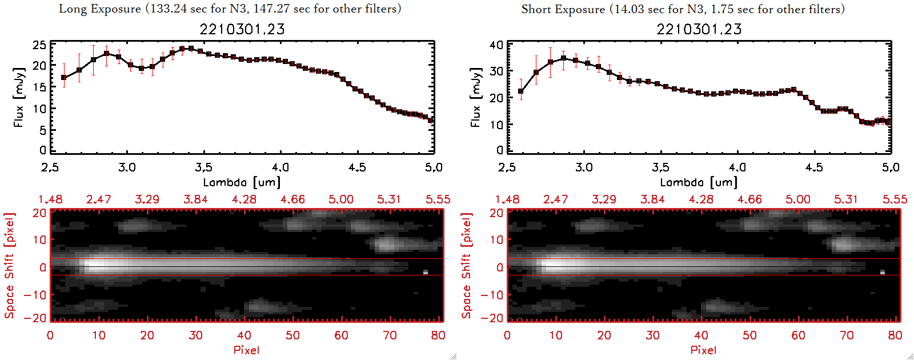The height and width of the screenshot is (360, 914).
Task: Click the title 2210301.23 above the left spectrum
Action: pyautogui.click(x=242, y=29)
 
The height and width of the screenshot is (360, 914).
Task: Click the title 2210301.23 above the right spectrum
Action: pyautogui.click(x=699, y=29)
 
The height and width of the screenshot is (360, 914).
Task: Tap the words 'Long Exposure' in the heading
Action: pyautogui.click(x=100, y=9)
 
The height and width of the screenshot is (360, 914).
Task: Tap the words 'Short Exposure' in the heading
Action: pyautogui.click(x=563, y=9)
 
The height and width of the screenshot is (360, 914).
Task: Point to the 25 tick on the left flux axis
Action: pyautogui.click(x=39, y=45)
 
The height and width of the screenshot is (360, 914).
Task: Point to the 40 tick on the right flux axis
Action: pyautogui.click(x=496, y=45)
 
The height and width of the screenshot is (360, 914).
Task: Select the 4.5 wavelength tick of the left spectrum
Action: pyautogui.click(x=357, y=167)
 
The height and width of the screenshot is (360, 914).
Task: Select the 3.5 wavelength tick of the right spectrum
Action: pyautogui.click(x=660, y=167)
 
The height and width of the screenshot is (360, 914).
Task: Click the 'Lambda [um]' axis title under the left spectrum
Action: pyautogui.click(x=242, y=182)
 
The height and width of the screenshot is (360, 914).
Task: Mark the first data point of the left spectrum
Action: pyautogui.click(x=64, y=78)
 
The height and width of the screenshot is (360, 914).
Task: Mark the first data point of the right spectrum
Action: pyautogui.click(x=521, y=91)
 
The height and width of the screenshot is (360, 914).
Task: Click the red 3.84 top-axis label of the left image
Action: pyautogui.click(x=195, y=199)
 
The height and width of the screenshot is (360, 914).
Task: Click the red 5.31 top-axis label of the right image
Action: pyautogui.click(x=846, y=199)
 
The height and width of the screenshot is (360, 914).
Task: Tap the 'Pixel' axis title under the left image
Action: pyautogui.click(x=246, y=350)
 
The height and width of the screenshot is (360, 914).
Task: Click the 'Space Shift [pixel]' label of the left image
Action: pyautogui.click(x=9, y=266)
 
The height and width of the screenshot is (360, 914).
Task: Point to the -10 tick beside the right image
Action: pyautogui.click(x=492, y=294)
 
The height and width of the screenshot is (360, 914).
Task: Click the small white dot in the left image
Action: pyautogui.click(x=426, y=272)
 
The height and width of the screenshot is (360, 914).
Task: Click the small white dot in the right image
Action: pyautogui.click(x=883, y=272)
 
